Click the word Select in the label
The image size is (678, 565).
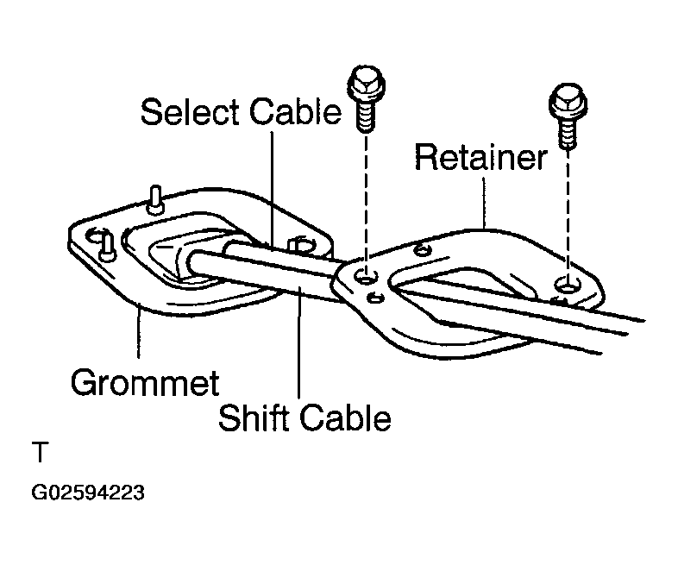[x=190, y=112]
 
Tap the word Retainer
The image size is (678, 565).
[x=480, y=156]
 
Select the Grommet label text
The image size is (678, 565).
[x=145, y=383]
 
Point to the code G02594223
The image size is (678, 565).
[x=88, y=493]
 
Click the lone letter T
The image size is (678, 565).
[x=41, y=452]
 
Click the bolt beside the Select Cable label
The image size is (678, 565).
[x=366, y=99]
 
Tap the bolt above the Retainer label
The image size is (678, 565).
[x=568, y=116]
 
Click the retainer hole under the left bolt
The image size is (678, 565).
[x=366, y=277]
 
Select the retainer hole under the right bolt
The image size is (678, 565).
[x=567, y=285]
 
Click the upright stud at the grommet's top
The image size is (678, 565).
[x=155, y=199]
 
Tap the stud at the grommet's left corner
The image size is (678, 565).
[x=107, y=248]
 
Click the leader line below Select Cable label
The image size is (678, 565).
[x=272, y=191]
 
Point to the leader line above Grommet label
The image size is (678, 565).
[x=138, y=330]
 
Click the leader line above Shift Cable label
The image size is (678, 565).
[x=298, y=342]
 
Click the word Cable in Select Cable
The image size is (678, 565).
[x=296, y=112]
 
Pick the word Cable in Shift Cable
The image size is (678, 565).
[x=346, y=417]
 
